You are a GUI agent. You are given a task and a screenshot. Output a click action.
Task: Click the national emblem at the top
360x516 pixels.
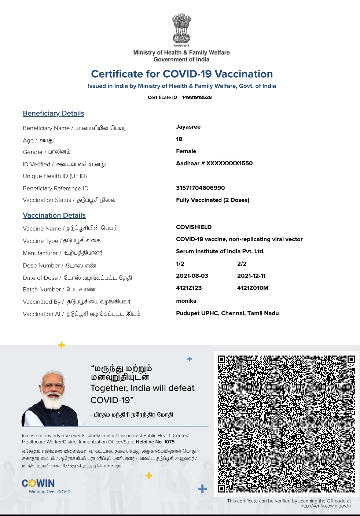click(x=181, y=29)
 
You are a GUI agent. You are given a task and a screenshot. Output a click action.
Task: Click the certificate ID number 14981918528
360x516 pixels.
click(x=197, y=97)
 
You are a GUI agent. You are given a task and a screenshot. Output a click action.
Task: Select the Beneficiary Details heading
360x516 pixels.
click(x=54, y=114)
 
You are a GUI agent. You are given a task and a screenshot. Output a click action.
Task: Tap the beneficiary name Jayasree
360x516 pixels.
click(x=188, y=127)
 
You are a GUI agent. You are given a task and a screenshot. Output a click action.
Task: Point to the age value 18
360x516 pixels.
click(x=179, y=139)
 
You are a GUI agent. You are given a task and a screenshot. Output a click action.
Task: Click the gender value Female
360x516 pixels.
click(x=186, y=151)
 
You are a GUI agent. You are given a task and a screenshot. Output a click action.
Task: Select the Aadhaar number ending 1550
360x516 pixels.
click(x=214, y=163)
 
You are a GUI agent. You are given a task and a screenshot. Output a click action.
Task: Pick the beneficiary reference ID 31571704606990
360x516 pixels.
click(x=200, y=188)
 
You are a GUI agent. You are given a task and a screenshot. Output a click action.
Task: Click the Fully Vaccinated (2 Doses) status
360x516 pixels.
click(x=213, y=200)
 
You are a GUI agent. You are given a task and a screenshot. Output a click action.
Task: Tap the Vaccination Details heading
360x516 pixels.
click(x=54, y=215)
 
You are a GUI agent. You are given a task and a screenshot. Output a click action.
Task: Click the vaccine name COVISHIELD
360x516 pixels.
click(x=194, y=227)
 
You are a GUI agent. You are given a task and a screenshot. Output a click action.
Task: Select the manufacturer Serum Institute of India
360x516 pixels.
click(x=220, y=251)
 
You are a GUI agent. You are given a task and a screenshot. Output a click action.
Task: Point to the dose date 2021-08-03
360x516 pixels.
click(x=192, y=276)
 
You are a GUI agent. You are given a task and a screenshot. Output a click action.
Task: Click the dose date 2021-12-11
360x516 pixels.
click(x=251, y=276)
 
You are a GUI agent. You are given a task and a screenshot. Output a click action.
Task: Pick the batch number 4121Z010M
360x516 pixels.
click(x=253, y=288)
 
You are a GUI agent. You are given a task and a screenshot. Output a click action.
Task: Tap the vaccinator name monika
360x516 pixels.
click(x=186, y=301)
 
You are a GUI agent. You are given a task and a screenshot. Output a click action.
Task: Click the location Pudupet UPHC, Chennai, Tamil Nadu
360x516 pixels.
click(x=227, y=313)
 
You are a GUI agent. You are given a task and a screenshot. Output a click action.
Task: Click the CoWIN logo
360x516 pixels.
click(x=38, y=483)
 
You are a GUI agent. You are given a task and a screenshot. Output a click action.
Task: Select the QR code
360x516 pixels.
click(x=286, y=424)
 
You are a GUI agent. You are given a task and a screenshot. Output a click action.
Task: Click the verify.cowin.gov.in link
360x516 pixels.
click(x=326, y=506)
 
